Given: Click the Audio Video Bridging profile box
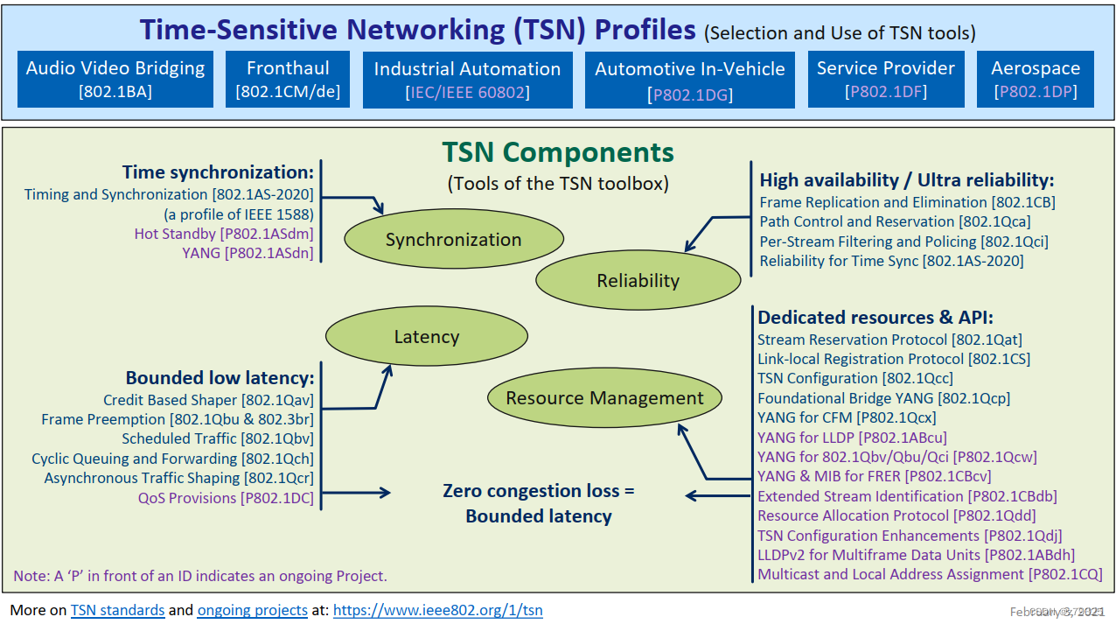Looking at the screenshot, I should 115,79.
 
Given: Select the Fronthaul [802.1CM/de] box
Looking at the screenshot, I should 288,79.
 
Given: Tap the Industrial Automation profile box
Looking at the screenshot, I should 467,80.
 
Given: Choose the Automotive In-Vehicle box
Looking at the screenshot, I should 690,80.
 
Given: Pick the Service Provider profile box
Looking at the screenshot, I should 885,79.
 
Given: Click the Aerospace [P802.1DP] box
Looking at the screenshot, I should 1036,79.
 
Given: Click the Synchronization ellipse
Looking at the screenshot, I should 453,240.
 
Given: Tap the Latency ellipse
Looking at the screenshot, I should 426,336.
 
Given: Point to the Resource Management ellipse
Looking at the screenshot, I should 604,398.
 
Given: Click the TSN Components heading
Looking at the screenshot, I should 557,152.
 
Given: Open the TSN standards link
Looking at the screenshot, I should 117,610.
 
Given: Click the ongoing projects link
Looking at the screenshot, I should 252,610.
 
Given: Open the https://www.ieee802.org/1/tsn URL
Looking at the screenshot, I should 437,610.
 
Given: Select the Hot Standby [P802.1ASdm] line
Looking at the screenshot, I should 223,234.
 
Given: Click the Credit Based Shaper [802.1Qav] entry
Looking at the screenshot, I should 208,400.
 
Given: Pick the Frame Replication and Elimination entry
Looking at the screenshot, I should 907,202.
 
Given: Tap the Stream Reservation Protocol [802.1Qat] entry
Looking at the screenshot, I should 889,340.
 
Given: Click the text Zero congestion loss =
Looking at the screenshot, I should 538,491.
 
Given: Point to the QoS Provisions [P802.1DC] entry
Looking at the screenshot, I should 225,498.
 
